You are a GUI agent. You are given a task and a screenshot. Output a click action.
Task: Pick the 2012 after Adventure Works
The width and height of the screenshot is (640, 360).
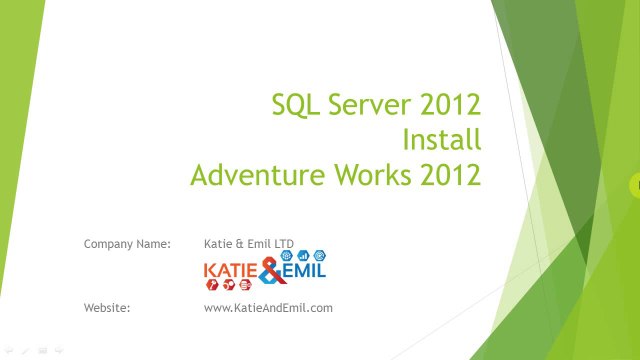[x=451, y=175]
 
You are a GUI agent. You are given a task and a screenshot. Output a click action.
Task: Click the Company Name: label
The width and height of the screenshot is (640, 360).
[x=128, y=243]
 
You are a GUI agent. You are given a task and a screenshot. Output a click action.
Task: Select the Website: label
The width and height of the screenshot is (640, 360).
[x=108, y=308]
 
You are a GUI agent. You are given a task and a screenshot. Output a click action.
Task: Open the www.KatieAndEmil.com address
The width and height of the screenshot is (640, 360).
[x=268, y=308]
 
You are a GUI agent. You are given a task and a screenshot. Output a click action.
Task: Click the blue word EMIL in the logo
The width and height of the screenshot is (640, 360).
[x=303, y=270]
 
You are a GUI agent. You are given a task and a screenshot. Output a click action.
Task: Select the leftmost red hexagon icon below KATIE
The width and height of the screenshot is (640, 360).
[x=212, y=285]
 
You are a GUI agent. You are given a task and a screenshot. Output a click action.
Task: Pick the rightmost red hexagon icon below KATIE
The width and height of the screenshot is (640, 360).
[x=245, y=285]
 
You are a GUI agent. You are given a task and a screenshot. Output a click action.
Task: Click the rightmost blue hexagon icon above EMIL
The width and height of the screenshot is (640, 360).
[x=321, y=256]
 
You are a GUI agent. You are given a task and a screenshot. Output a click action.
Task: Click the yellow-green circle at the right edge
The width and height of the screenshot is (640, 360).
[x=635, y=184]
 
